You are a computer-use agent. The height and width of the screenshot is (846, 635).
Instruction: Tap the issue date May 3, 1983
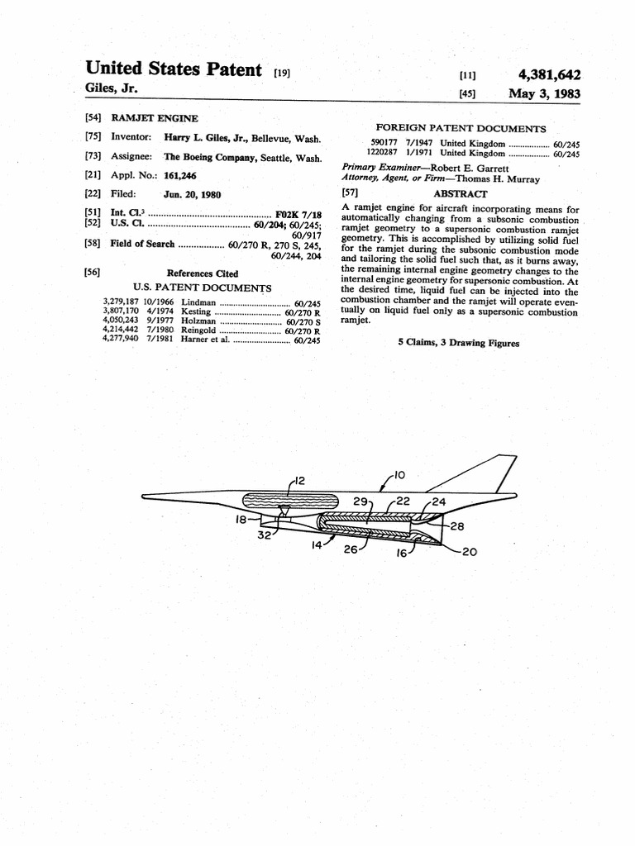pyautogui.click(x=544, y=93)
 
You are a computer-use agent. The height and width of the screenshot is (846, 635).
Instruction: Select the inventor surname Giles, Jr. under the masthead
pyautogui.click(x=112, y=88)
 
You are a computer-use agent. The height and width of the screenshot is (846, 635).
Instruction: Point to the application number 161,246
pyautogui.click(x=180, y=175)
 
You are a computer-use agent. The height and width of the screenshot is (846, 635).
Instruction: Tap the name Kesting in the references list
pyautogui.click(x=195, y=312)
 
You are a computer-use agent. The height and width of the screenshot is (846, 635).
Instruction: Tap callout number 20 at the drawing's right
pyautogui.click(x=469, y=551)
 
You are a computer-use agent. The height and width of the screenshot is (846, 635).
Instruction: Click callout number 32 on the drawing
pyautogui.click(x=265, y=535)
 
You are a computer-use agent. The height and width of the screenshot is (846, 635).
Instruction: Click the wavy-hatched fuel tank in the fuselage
pyautogui.click(x=289, y=501)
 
